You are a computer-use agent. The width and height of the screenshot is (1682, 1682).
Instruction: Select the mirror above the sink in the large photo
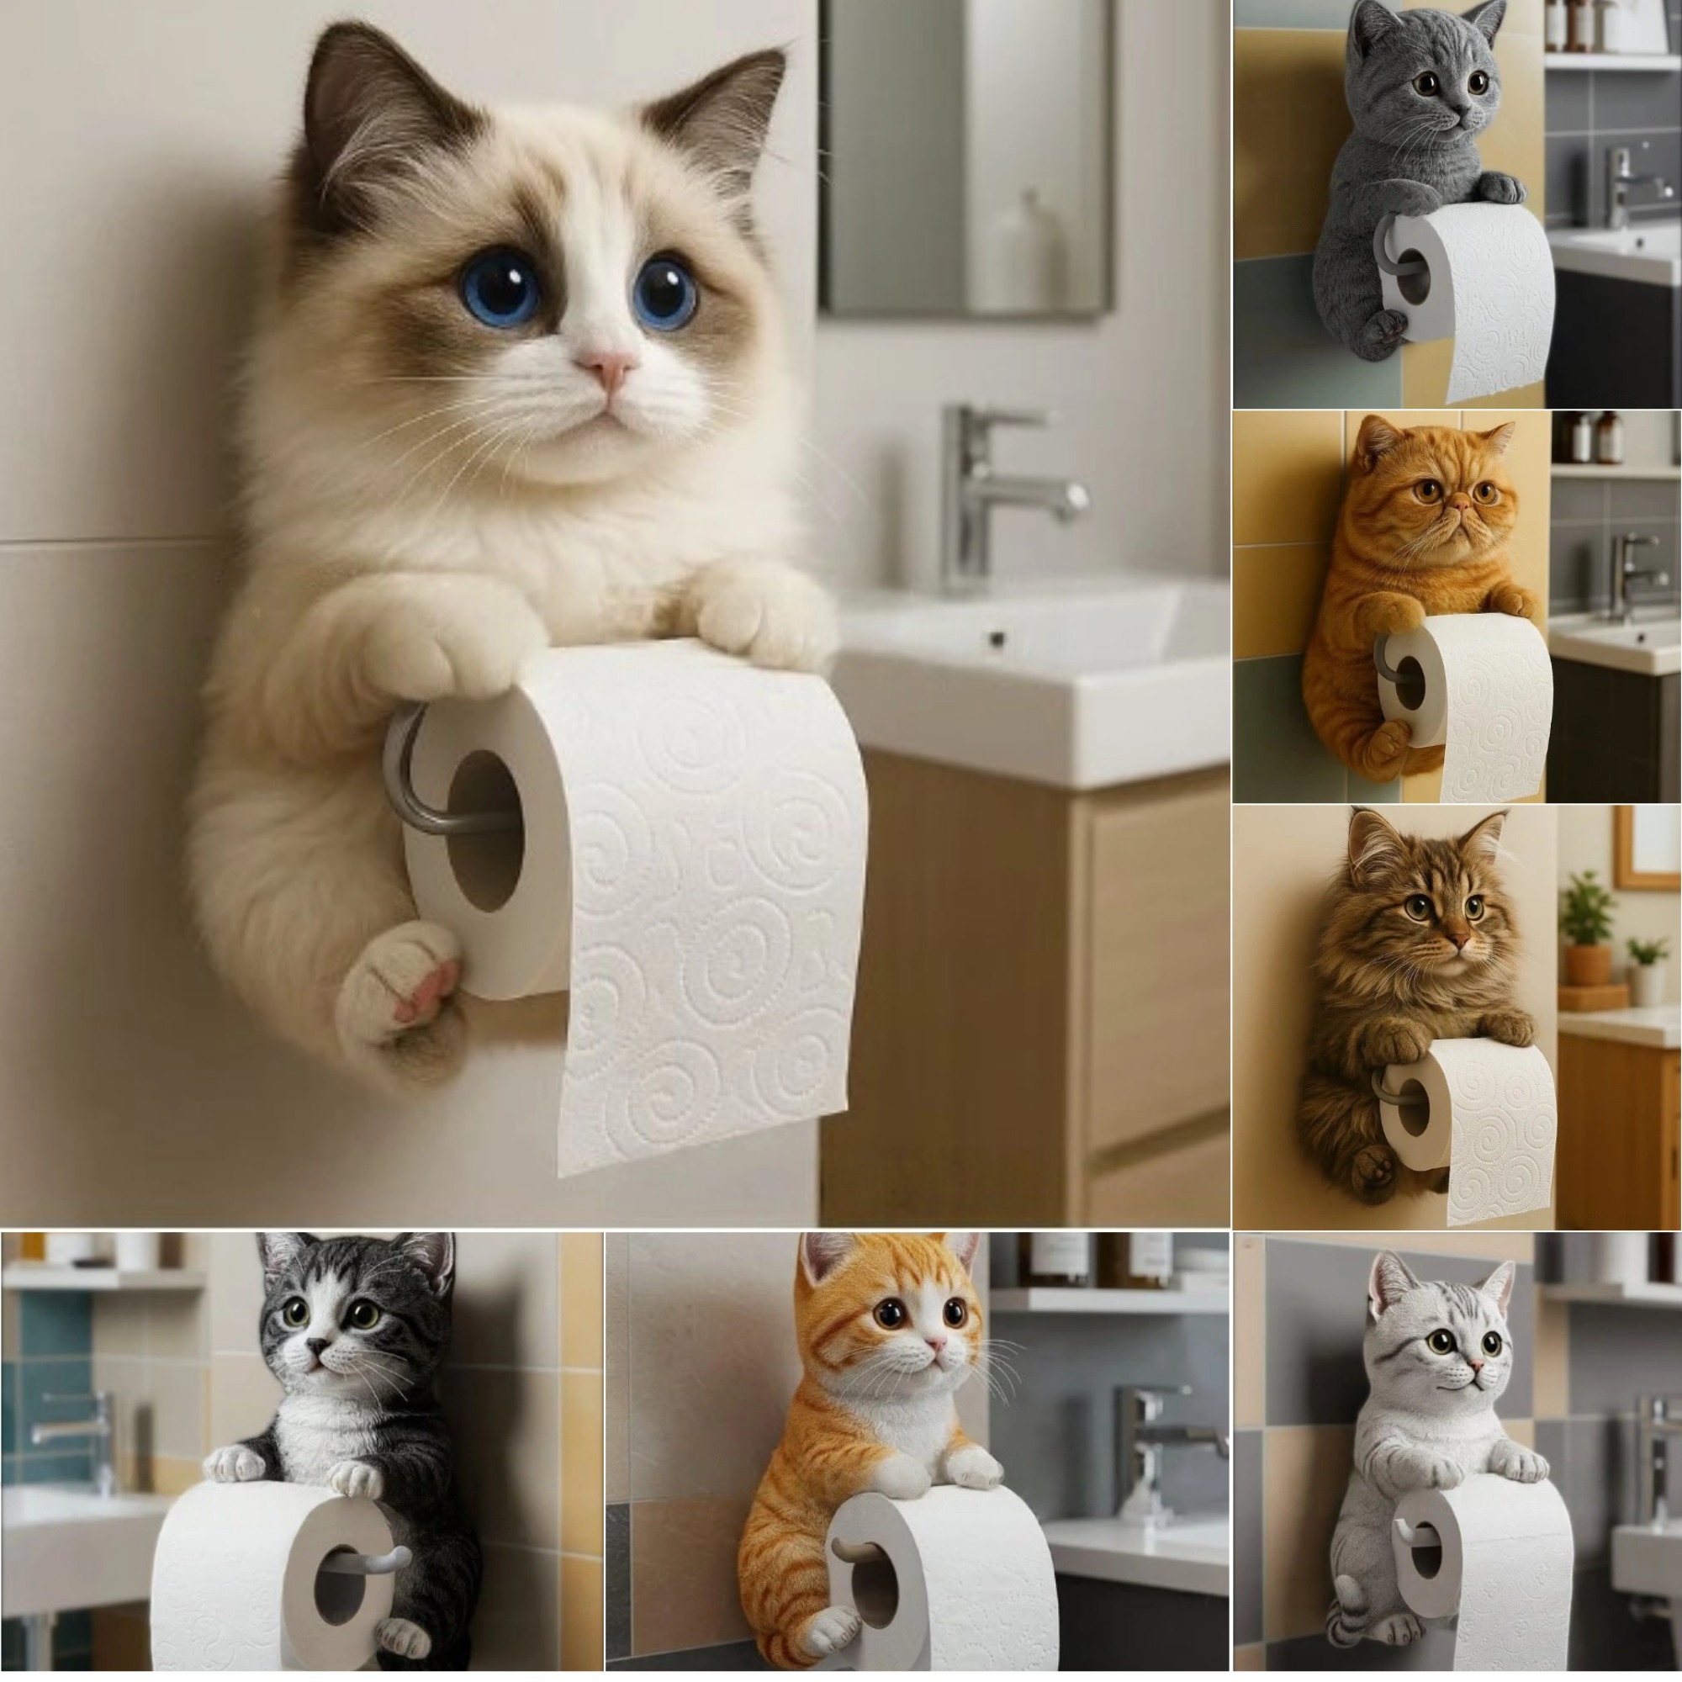click(965, 156)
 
